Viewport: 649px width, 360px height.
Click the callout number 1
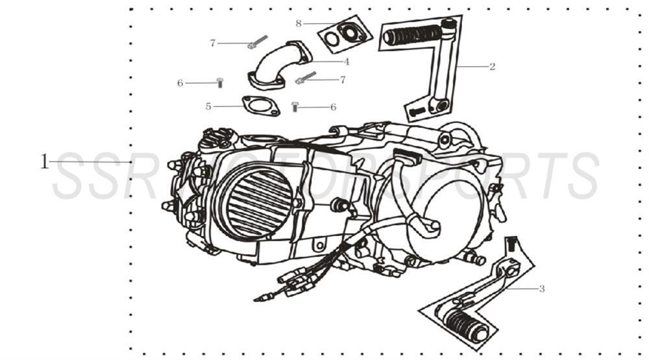tap(44, 162)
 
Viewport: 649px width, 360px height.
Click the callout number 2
tap(492, 66)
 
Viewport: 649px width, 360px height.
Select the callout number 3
tap(542, 289)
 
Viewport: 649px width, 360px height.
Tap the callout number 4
tap(347, 62)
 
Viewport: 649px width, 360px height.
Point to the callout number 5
tap(208, 106)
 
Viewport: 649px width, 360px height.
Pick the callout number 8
tap(299, 23)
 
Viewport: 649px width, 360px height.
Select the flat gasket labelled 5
tap(260, 106)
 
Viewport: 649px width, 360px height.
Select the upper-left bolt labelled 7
tap(257, 42)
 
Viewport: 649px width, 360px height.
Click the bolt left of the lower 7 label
tap(305, 78)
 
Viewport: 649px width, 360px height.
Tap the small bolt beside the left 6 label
tap(219, 82)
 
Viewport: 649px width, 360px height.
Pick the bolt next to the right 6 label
tap(295, 106)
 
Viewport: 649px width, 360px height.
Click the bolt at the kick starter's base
tap(418, 112)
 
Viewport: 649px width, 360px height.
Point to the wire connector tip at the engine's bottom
tap(260, 298)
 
